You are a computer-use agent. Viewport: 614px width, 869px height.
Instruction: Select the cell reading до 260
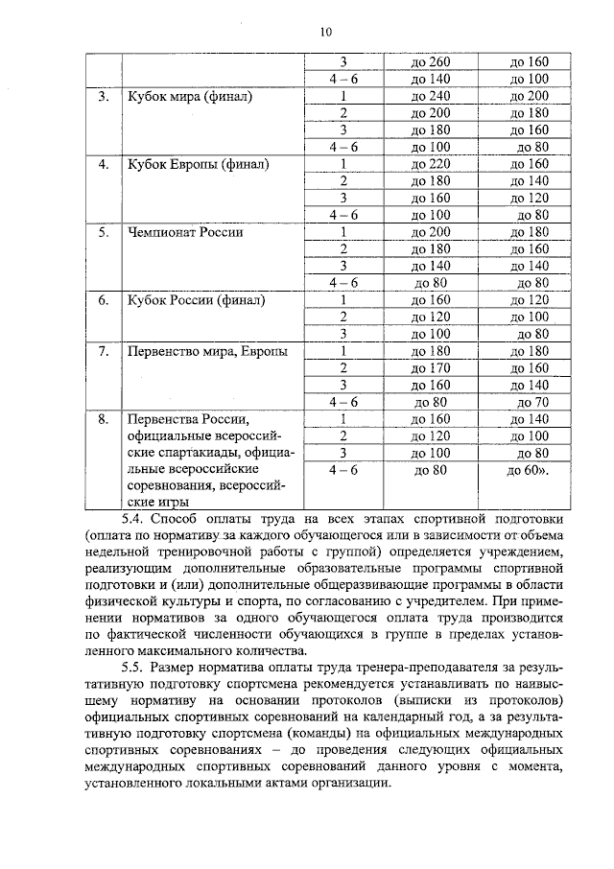[x=430, y=61]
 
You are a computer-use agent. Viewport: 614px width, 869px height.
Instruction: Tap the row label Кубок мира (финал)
[x=190, y=97]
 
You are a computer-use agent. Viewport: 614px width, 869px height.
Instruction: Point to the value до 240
[x=430, y=97]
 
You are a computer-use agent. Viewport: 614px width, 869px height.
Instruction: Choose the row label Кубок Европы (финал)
[x=198, y=164]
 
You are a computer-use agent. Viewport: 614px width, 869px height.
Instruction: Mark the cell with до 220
[x=430, y=164]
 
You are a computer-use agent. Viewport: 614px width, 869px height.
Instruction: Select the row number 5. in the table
[x=103, y=232]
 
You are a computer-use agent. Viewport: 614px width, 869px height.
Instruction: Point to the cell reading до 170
[x=430, y=367]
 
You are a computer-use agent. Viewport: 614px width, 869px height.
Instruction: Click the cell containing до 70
[x=532, y=402]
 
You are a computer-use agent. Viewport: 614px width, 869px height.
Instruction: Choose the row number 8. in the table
[x=103, y=419]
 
